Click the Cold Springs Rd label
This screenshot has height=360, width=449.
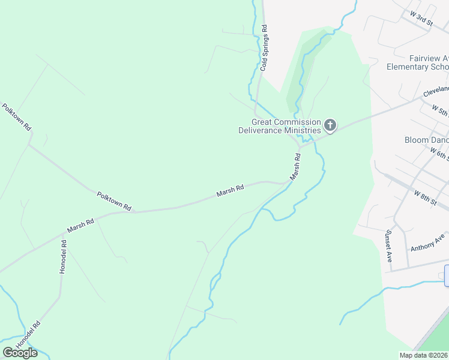pyautogui.click(x=264, y=49)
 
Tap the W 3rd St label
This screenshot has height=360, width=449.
pyautogui.click(x=422, y=17)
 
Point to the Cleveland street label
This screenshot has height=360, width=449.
pyautogui.click(x=435, y=92)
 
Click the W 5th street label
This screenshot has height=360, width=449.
pyautogui.click(x=440, y=111)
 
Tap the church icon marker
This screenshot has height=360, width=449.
pyautogui.click(x=330, y=125)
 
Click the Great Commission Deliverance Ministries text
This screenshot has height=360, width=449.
pyautogui.click(x=279, y=126)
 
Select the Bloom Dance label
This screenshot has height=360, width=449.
pyautogui.click(x=426, y=140)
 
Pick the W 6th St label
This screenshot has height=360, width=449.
pyautogui.click(x=440, y=155)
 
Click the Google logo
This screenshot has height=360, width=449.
pyautogui.click(x=20, y=353)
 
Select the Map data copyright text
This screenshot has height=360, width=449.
pyautogui.click(x=423, y=355)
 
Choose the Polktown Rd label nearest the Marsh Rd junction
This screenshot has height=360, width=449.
pyautogui.click(x=114, y=200)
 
